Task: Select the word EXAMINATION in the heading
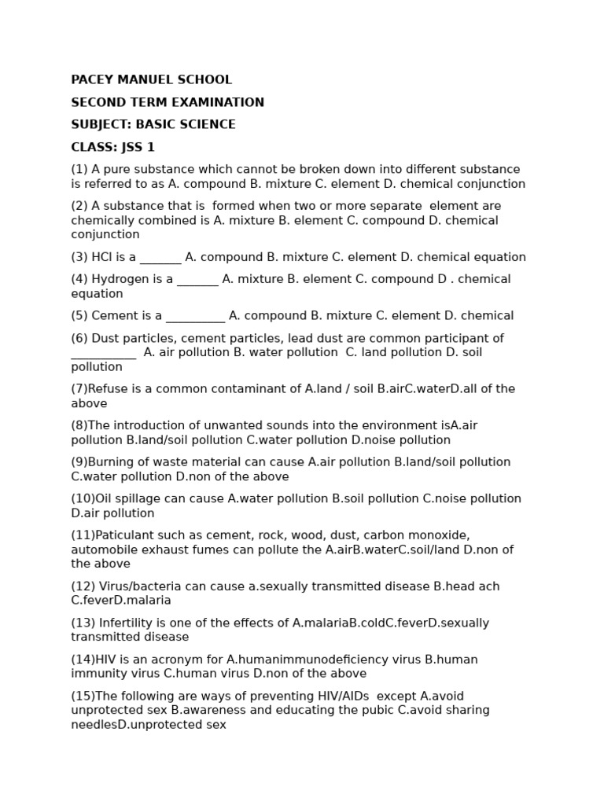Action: (x=225, y=102)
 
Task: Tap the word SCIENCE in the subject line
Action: (x=207, y=125)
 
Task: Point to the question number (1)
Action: (x=79, y=170)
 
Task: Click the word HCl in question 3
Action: (x=102, y=257)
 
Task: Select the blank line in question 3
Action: (x=160, y=261)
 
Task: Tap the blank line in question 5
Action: (x=195, y=320)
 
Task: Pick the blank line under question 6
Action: (x=103, y=357)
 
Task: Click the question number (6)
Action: (x=79, y=339)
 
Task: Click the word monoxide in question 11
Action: (x=442, y=535)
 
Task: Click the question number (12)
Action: (x=83, y=586)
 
